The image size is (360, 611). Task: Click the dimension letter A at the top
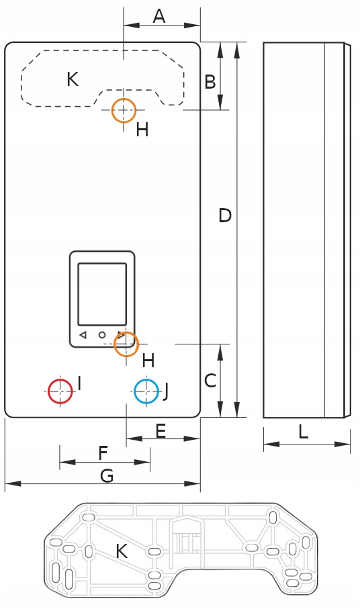click(x=159, y=16)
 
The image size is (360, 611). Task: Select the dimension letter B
click(x=210, y=82)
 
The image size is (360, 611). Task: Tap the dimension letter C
click(x=210, y=381)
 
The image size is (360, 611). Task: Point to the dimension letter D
click(x=225, y=216)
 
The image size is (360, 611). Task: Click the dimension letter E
click(x=161, y=431)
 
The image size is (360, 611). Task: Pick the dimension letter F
click(x=103, y=453)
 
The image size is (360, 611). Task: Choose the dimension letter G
click(x=107, y=476)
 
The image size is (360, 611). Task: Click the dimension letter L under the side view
click(x=304, y=432)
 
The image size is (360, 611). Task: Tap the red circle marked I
click(x=60, y=391)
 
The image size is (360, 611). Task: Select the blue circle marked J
click(x=146, y=391)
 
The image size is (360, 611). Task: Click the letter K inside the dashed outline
click(x=73, y=79)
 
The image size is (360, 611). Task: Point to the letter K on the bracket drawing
click(x=122, y=551)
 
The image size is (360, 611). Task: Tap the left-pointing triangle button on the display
click(x=83, y=335)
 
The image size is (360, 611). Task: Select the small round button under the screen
click(x=102, y=335)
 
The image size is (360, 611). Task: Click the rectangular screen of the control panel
click(x=102, y=294)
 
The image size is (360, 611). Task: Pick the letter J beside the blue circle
click(x=166, y=391)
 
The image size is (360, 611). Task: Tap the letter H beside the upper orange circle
click(x=142, y=130)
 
